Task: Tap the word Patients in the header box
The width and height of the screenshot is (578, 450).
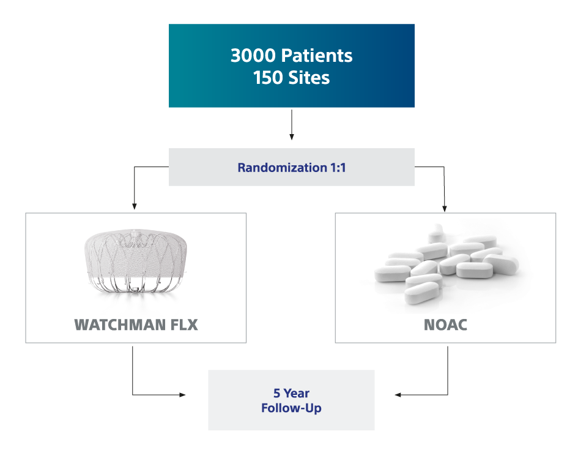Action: click(316, 56)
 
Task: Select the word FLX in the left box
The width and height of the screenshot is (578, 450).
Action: click(181, 324)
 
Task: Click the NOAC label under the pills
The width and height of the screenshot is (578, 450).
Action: click(445, 324)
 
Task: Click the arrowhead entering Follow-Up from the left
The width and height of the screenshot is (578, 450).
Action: click(182, 395)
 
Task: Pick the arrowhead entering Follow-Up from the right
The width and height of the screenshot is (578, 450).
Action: click(397, 395)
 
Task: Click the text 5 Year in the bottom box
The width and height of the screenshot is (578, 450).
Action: click(291, 394)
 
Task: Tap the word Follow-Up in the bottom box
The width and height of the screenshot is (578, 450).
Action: click(291, 408)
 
